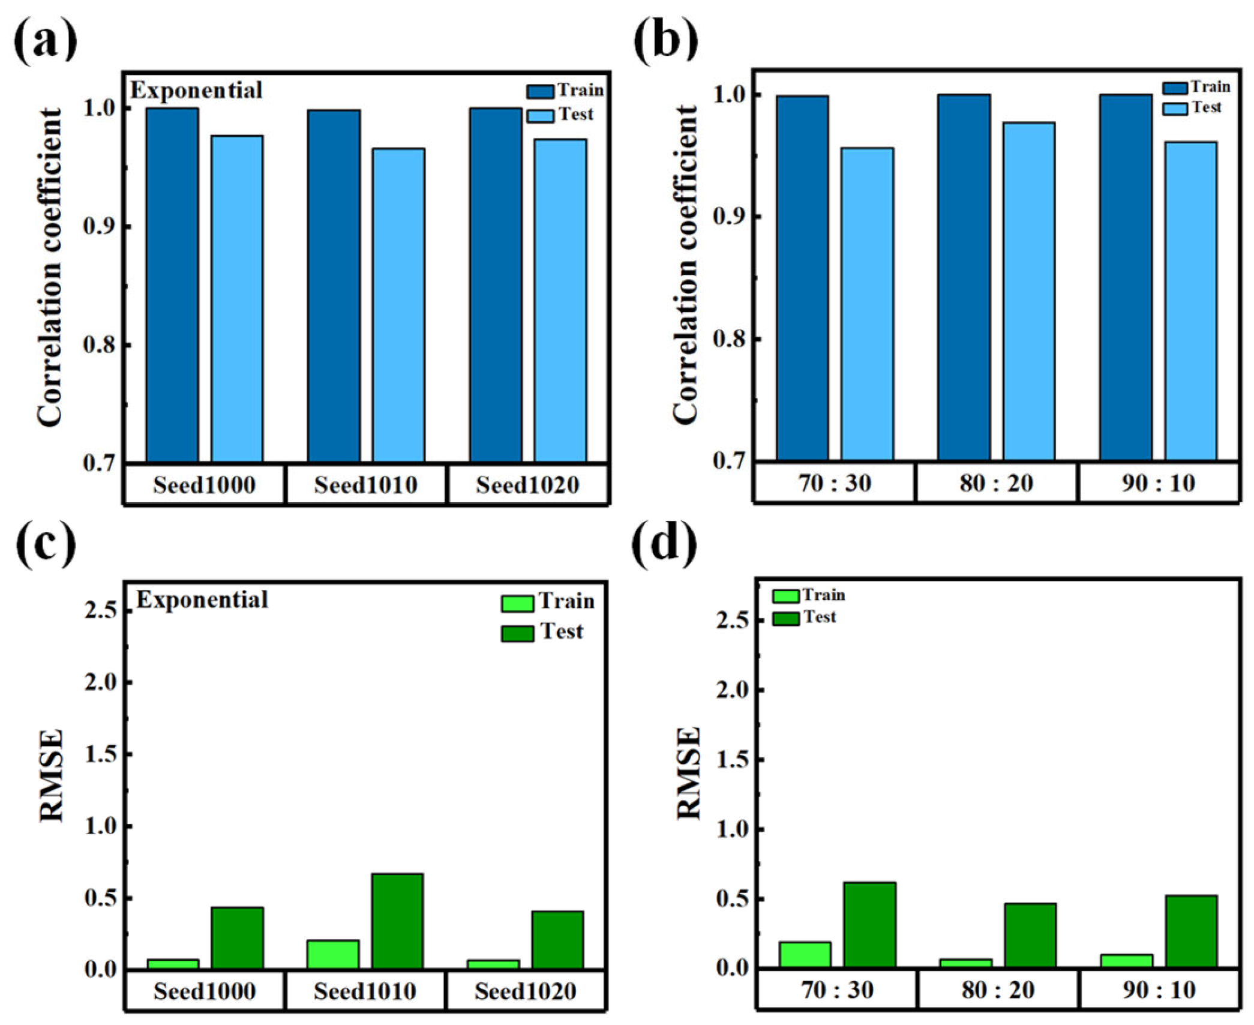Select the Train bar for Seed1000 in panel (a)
(172, 285)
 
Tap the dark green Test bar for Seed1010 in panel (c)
(397, 921)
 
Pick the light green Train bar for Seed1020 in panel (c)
(494, 964)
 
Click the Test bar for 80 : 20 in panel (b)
(1028, 292)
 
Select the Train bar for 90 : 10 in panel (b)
(1126, 278)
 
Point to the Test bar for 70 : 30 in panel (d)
(869, 925)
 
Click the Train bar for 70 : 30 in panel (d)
(805, 955)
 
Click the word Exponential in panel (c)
(202, 600)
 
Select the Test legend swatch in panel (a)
(540, 116)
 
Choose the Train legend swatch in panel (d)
(785, 596)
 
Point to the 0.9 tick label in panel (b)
(729, 217)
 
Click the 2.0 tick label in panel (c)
(100, 682)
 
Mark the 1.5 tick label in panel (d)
(733, 760)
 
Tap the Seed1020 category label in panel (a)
(527, 485)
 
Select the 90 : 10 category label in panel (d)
(1159, 990)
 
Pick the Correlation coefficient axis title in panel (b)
(685, 265)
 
